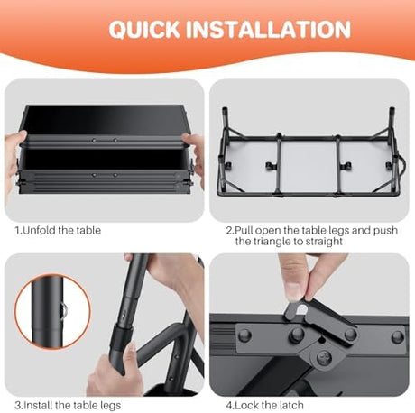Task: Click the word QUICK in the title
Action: (144, 29)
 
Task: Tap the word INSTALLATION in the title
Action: (268, 29)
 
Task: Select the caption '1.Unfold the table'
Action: (58, 231)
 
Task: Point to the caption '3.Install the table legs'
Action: (68, 405)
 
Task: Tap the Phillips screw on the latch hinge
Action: (324, 358)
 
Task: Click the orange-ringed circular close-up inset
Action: (52, 311)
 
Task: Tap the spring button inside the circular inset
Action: (64, 310)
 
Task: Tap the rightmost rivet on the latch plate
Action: (398, 336)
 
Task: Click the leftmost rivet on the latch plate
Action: (245, 334)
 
